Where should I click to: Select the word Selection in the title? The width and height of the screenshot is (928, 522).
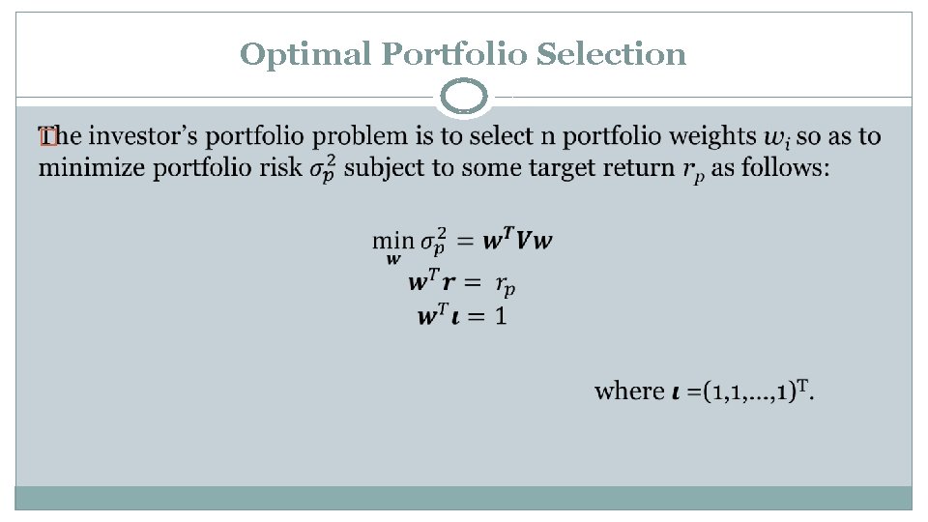[611, 54]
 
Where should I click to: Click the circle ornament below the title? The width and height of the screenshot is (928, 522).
[464, 98]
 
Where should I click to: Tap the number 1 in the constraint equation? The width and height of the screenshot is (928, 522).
[501, 316]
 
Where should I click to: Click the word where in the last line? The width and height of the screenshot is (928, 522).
[629, 391]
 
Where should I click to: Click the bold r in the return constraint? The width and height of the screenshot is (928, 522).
[449, 284]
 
